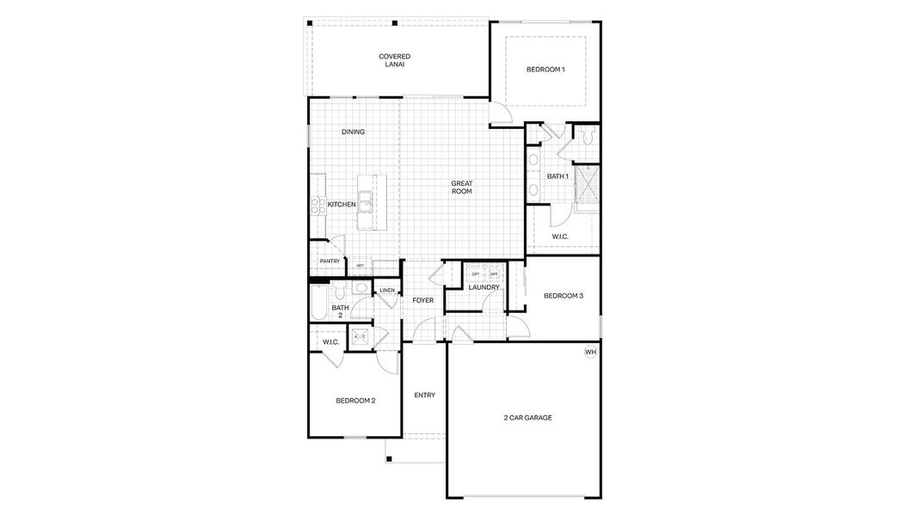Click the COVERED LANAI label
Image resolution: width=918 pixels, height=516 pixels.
coord(394,60)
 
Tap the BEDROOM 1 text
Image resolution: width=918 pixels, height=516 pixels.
coord(545,70)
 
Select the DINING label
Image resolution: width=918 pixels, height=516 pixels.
coord(353,132)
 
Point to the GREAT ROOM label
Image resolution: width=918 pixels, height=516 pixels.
coord(462,187)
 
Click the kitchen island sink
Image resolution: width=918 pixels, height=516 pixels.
coord(367,203)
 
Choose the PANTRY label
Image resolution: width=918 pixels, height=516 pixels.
coord(330,261)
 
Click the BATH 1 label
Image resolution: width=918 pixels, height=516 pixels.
coord(558,176)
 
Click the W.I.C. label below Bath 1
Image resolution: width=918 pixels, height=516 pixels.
coord(558,236)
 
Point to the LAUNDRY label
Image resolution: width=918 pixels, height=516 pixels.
coord(484,287)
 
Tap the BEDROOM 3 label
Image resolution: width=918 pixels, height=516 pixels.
coord(564,296)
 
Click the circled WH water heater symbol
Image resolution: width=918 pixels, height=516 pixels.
coord(590,352)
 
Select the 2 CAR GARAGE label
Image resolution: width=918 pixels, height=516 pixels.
coord(527,418)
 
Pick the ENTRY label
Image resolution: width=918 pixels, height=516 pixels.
coord(424,396)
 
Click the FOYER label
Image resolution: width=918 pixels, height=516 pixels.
coord(422,301)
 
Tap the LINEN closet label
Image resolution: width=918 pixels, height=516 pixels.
coord(387,291)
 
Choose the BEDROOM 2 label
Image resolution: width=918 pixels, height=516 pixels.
coord(354,401)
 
